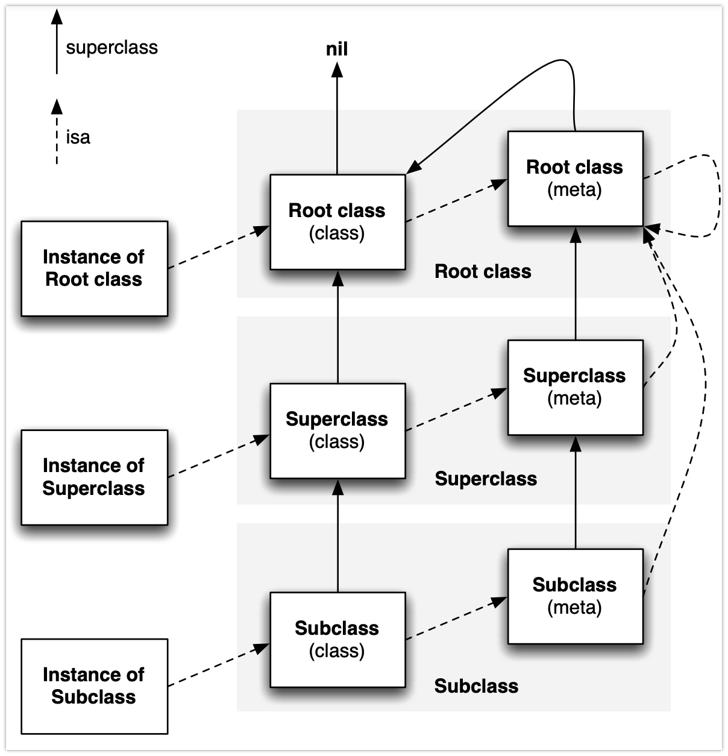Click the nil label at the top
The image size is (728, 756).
pyautogui.click(x=337, y=49)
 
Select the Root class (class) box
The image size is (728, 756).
pyautogui.click(x=337, y=222)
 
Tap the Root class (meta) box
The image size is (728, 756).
pyautogui.click(x=575, y=178)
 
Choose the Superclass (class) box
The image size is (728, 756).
pyautogui.click(x=337, y=430)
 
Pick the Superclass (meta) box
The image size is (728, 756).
pyautogui.click(x=575, y=387)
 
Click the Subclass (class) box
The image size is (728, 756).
pyautogui.click(x=337, y=639)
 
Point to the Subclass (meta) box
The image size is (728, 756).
pyautogui.click(x=575, y=596)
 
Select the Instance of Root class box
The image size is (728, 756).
pyautogui.click(x=94, y=268)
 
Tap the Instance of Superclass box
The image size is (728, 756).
pyautogui.click(x=94, y=477)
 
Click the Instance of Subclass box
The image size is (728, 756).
pyautogui.click(x=94, y=686)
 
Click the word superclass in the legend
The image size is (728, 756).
pyautogui.click(x=112, y=48)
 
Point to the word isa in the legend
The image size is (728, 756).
pyautogui.click(x=78, y=137)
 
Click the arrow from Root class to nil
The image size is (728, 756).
pyautogui.click(x=337, y=121)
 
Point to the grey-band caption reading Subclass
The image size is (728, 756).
pyautogui.click(x=476, y=686)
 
